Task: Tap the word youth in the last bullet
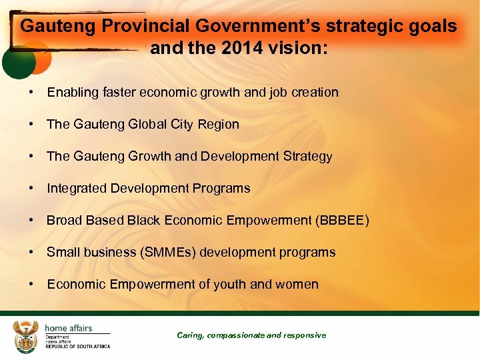click(x=230, y=284)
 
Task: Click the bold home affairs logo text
click(x=68, y=327)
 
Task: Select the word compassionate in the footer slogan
click(x=237, y=335)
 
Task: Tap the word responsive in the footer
click(x=305, y=335)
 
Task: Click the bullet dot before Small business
click(x=32, y=252)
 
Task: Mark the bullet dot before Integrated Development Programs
click(x=32, y=188)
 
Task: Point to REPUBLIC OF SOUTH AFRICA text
click(x=77, y=346)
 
